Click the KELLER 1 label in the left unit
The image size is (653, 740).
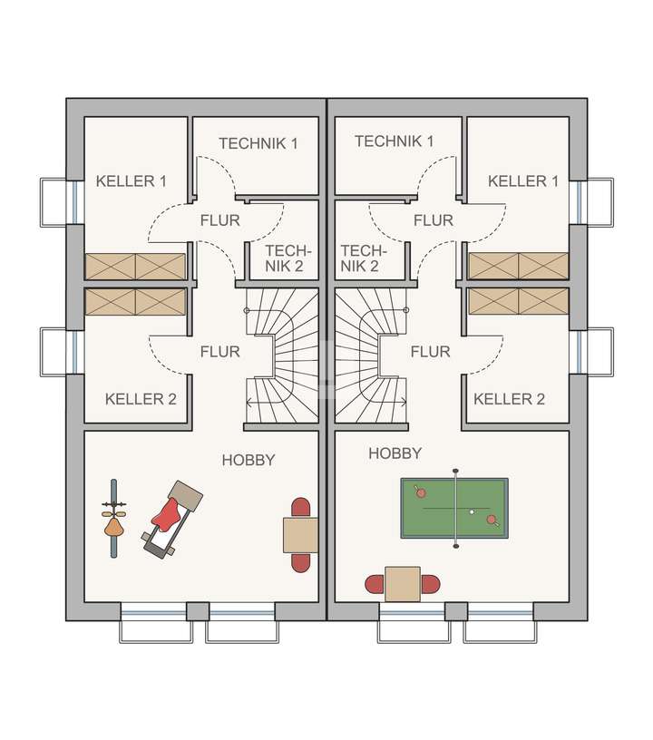tap(131, 181)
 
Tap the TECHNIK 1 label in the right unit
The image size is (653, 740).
tap(394, 141)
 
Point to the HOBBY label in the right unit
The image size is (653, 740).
tap(395, 453)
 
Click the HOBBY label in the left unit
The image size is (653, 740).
tap(248, 461)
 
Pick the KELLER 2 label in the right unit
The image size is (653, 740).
tap(509, 399)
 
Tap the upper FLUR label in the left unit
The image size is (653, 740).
tap(219, 220)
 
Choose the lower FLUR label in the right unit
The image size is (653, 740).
tap(430, 351)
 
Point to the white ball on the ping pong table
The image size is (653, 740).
tap(471, 512)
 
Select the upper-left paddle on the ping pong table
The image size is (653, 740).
tap(420, 492)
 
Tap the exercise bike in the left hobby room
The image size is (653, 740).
tap(113, 519)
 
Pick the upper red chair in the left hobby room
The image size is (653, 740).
tap(300, 507)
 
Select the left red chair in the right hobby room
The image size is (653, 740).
tap(374, 584)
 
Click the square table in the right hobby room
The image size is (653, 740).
tap(402, 584)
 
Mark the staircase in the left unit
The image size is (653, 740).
tap(282, 356)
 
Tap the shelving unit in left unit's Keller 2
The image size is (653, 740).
tap(135, 302)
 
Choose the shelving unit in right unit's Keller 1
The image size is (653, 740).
tap(518, 266)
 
